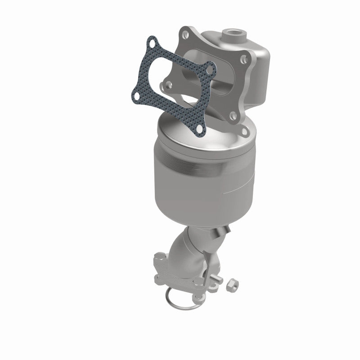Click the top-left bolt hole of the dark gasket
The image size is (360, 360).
click(x=152, y=45)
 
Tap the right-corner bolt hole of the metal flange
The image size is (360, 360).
click(x=244, y=58)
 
